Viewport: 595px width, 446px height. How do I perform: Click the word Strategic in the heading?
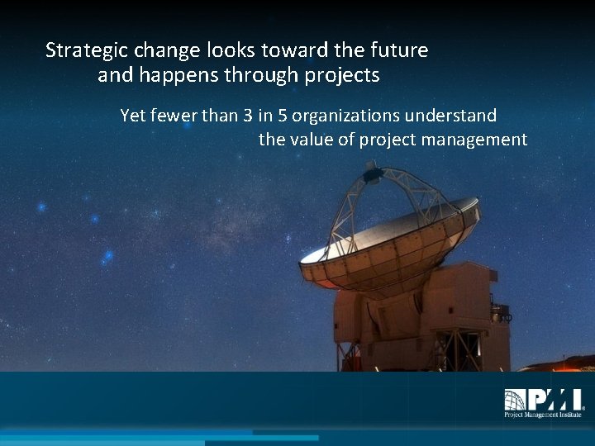click(81, 51)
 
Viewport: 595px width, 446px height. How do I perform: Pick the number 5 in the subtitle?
click(283, 116)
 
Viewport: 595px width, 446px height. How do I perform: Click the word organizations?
click(346, 116)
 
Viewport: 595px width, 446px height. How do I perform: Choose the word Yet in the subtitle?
click(133, 116)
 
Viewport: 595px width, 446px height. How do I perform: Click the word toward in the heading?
click(295, 50)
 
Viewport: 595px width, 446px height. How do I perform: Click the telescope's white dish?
click(388, 240)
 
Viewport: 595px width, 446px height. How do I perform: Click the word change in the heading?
click(163, 51)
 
